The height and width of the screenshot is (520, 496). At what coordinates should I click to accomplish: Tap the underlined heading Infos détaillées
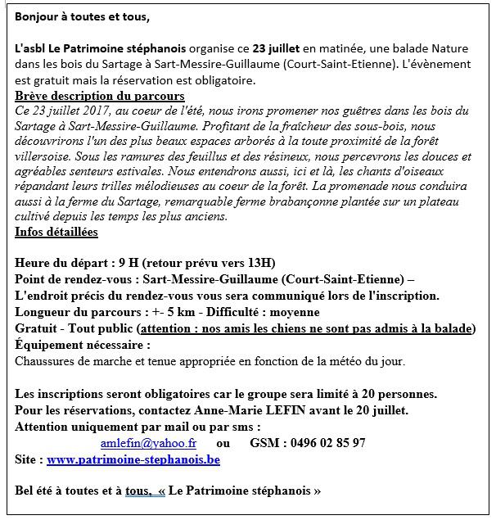click(x=56, y=232)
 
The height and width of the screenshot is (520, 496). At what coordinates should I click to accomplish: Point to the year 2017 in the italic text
click(x=87, y=110)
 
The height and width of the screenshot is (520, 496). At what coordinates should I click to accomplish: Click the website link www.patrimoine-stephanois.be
click(x=133, y=459)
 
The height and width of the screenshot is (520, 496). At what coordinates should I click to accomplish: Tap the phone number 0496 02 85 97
click(x=325, y=443)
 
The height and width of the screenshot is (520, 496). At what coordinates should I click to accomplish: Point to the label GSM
click(x=265, y=443)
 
